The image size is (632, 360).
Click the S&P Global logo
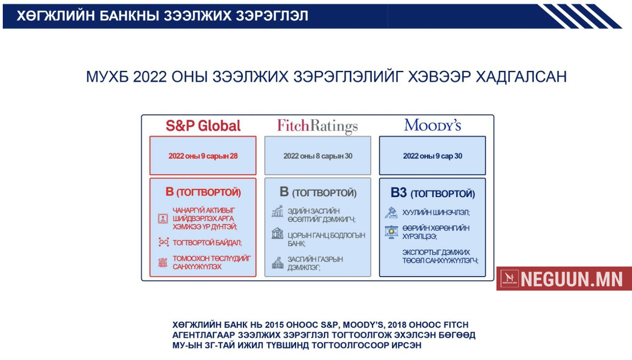coord(203,125)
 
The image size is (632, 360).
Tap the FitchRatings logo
coord(317,126)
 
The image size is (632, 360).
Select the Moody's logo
coord(433,125)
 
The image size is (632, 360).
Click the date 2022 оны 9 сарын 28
coord(203,156)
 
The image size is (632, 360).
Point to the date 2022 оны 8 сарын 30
coord(318,156)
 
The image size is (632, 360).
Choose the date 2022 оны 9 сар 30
coord(433,156)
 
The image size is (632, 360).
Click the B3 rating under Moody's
coord(399,192)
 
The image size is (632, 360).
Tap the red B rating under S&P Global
coord(170,192)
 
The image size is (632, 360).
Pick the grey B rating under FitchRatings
coord(284,192)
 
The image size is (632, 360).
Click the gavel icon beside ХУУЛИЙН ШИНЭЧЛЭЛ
coord(391,212)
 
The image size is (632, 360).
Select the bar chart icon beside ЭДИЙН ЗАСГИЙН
coord(277,211)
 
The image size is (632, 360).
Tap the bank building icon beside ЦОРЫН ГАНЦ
coord(277,233)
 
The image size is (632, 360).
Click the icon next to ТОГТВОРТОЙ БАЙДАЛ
coord(164,242)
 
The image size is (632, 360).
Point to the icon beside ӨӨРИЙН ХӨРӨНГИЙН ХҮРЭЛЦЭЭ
coord(391,232)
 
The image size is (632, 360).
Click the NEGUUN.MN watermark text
coord(571,279)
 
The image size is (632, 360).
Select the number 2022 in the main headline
coord(149,77)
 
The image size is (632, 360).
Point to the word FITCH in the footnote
coord(456,325)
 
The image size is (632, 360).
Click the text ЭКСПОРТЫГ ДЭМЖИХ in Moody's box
coord(436,252)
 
